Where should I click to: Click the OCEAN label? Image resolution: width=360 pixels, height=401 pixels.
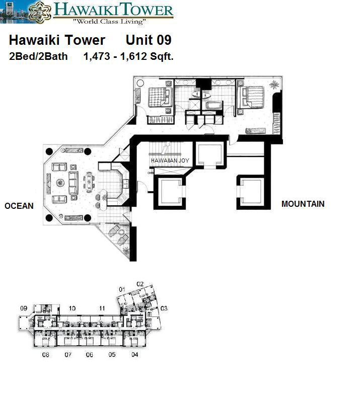pyautogui.click(x=19, y=206)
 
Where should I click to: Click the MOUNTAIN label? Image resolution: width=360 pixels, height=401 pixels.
pyautogui.click(x=303, y=204)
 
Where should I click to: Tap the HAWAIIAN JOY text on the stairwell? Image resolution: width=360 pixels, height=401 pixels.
pyautogui.click(x=170, y=161)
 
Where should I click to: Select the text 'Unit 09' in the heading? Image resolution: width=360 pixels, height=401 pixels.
pyautogui.click(x=149, y=40)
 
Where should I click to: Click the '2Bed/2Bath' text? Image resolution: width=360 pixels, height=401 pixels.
pyautogui.click(x=38, y=56)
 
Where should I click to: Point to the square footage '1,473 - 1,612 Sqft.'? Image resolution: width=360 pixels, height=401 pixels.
pyautogui.click(x=128, y=56)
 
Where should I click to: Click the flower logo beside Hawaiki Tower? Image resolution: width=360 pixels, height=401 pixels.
pyautogui.click(x=40, y=12)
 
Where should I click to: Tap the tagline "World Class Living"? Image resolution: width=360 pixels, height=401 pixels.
pyautogui.click(x=109, y=22)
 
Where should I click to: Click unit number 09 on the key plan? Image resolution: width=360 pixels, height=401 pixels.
pyautogui.click(x=24, y=308)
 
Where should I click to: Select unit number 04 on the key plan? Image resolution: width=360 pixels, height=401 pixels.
pyautogui.click(x=135, y=354)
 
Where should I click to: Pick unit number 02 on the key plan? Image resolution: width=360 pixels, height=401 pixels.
pyautogui.click(x=140, y=284)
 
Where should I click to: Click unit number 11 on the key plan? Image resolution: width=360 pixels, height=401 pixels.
pyautogui.click(x=102, y=308)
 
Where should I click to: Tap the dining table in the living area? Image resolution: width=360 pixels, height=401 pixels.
pyautogui.click(x=89, y=182)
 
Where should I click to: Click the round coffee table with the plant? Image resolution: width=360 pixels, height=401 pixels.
pyautogui.click(x=60, y=183)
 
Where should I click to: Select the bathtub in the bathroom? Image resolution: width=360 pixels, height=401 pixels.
pyautogui.click(x=214, y=105)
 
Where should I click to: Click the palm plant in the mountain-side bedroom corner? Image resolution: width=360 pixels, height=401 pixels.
pyautogui.click(x=274, y=85)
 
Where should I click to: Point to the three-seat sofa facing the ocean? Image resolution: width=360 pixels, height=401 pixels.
pyautogui.click(x=74, y=183)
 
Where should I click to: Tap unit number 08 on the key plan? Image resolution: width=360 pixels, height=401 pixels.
pyautogui.click(x=45, y=354)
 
